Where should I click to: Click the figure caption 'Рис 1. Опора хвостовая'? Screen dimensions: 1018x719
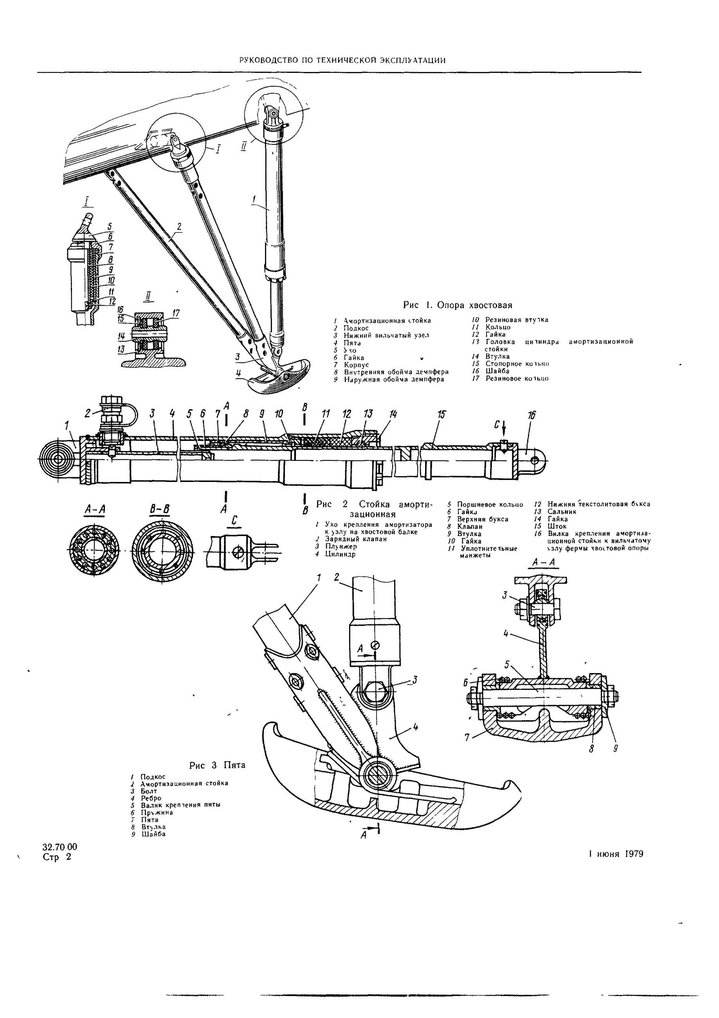[458, 305]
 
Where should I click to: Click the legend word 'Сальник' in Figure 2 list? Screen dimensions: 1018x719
[562, 512]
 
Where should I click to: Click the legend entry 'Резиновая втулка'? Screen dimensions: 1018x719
[516, 319]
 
